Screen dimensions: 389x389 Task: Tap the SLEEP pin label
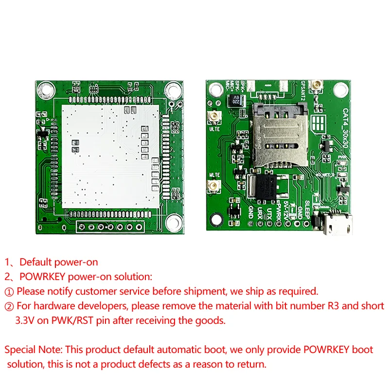tap(307, 207)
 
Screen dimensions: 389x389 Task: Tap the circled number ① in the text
tap(10, 291)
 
